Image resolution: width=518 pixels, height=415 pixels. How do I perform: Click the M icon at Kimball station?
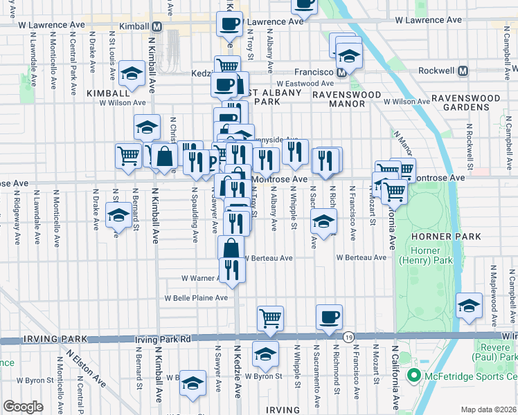tap(157, 26)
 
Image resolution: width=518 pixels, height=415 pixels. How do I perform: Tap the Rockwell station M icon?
tap(463, 71)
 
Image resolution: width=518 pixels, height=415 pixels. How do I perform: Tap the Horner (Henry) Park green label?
tap(425, 255)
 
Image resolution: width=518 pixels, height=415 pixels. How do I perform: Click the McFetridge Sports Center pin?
tap(414, 376)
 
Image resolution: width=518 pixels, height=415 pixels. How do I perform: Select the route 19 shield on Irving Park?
tap(347, 337)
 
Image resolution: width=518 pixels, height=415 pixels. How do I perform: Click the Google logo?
tap(23, 406)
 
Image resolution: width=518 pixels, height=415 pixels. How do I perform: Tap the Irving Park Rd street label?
tap(162, 340)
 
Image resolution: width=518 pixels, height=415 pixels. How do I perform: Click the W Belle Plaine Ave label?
tap(195, 298)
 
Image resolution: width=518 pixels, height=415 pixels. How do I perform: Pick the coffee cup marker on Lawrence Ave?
tap(229, 26)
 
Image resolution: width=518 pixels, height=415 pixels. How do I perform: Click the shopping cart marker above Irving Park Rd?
tap(270, 319)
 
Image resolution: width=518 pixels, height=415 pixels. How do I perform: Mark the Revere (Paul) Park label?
tap(497, 351)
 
